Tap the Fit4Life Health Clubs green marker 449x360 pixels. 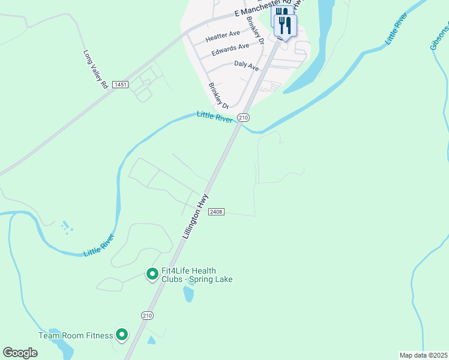[x=152, y=275]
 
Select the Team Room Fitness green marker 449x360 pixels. [x=122, y=335]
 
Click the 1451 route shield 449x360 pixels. [x=120, y=85]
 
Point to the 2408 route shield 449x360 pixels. [x=216, y=212]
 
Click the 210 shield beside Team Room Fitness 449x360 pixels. [x=148, y=315]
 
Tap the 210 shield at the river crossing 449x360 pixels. [x=243, y=118]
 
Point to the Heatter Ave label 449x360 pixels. [x=223, y=37]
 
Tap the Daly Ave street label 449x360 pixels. [x=246, y=65]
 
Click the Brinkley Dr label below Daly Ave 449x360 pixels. [x=215, y=95]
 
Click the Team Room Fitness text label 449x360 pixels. [x=76, y=335]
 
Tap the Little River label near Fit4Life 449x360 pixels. [x=99, y=245]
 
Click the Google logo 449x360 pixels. [x=20, y=353]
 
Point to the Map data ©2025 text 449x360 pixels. [x=423, y=355]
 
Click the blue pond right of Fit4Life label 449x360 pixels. [x=189, y=293]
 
